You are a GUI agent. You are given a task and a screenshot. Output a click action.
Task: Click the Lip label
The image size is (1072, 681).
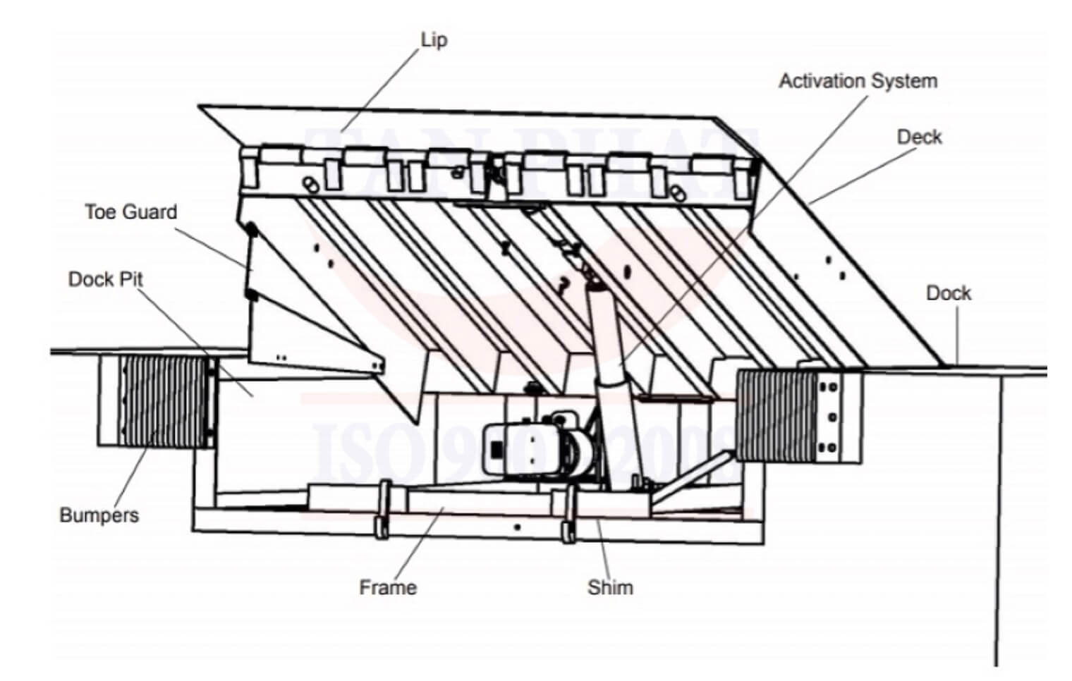tap(434, 39)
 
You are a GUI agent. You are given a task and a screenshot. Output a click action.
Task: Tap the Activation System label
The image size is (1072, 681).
tap(858, 81)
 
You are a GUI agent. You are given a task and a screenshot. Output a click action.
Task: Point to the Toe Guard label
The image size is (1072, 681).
tap(130, 211)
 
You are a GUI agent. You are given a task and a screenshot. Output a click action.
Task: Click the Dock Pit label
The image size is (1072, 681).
tap(105, 279)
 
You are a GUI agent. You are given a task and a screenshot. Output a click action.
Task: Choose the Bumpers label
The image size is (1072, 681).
tap(99, 515)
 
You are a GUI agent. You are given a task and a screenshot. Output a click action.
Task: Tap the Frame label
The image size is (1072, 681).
tap(387, 587)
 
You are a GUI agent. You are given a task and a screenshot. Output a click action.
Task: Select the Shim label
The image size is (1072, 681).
tap(610, 587)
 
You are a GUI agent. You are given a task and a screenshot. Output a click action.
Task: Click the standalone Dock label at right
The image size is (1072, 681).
tap(948, 293)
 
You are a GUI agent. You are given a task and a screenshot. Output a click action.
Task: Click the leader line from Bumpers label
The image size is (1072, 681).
tap(130, 472)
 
